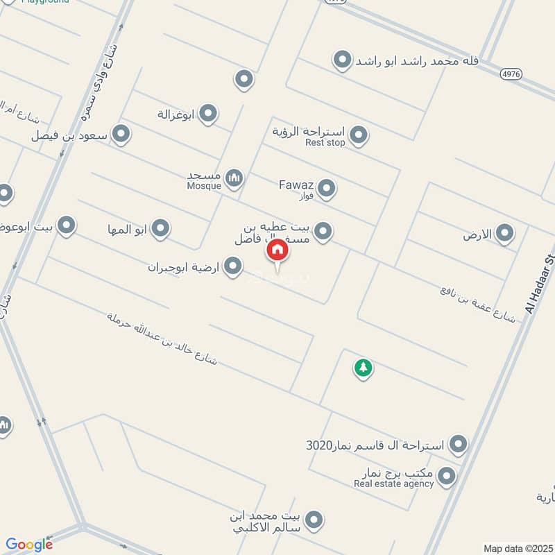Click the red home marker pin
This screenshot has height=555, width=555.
tap(277, 250)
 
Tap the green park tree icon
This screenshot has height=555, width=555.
tap(363, 368)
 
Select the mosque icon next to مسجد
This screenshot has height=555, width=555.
tap(235, 178)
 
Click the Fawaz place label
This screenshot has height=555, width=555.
tap(296, 185)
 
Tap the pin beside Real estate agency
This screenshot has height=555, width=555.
tap(447, 477)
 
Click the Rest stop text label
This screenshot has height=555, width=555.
tap(325, 143)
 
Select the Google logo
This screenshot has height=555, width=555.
tap(29, 545)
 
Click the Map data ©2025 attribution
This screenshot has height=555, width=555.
tap(518, 548)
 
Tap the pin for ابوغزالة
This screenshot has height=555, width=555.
tap(208, 113)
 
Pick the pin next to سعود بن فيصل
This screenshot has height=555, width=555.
tap(121, 134)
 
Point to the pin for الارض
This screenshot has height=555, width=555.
tap(505, 234)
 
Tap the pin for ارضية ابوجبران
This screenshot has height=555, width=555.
tap(234, 266)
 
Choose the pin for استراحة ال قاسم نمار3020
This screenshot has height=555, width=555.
tap(458, 443)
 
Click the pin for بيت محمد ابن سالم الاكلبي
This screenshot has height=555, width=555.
tap(314, 519)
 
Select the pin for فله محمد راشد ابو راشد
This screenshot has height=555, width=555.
tap(341, 60)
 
